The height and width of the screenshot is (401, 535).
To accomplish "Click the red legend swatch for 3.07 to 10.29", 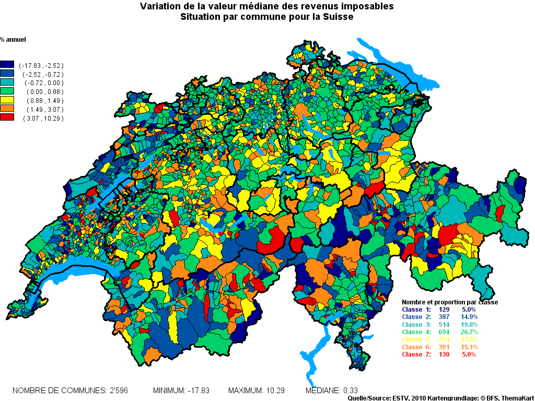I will (x=7, y=118).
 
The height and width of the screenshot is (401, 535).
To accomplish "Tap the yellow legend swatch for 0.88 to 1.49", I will (x=7, y=100).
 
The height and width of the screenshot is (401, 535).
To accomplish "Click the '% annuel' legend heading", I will (x=13, y=40).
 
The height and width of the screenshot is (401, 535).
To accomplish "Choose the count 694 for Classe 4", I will (x=445, y=332).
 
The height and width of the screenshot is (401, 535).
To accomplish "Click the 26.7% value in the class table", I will (x=469, y=332).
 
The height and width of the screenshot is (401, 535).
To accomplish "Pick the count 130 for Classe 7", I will (x=445, y=355).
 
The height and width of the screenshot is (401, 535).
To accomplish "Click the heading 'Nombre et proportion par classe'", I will (x=449, y=302).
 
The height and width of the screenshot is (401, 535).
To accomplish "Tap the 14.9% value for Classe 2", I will (x=469, y=317).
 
